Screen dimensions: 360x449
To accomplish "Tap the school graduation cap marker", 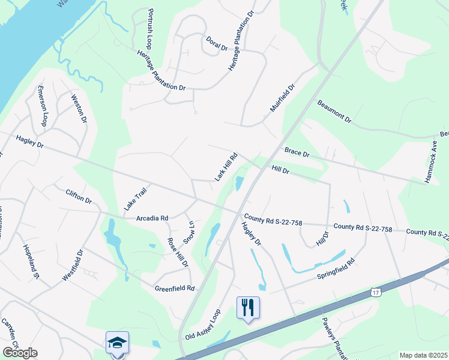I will pyautogui.click(x=117, y=343).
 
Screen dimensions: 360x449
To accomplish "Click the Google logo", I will pyautogui.click(x=20, y=353).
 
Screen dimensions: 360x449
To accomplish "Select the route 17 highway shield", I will pyautogui.click(x=376, y=292).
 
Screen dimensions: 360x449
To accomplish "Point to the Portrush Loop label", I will pyautogui.click(x=149, y=29).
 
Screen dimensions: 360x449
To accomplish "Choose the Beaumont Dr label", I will pyautogui.click(x=334, y=111).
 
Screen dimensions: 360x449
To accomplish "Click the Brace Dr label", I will pyautogui.click(x=297, y=154).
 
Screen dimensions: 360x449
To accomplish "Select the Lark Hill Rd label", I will pyautogui.click(x=227, y=167).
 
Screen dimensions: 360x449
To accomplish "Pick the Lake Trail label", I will pyautogui.click(x=135, y=197).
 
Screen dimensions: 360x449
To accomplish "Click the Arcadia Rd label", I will pyautogui.click(x=152, y=218).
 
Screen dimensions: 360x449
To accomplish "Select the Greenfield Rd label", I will pyautogui.click(x=175, y=288).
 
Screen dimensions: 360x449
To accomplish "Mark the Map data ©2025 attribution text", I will pyautogui.click(x=423, y=355).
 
